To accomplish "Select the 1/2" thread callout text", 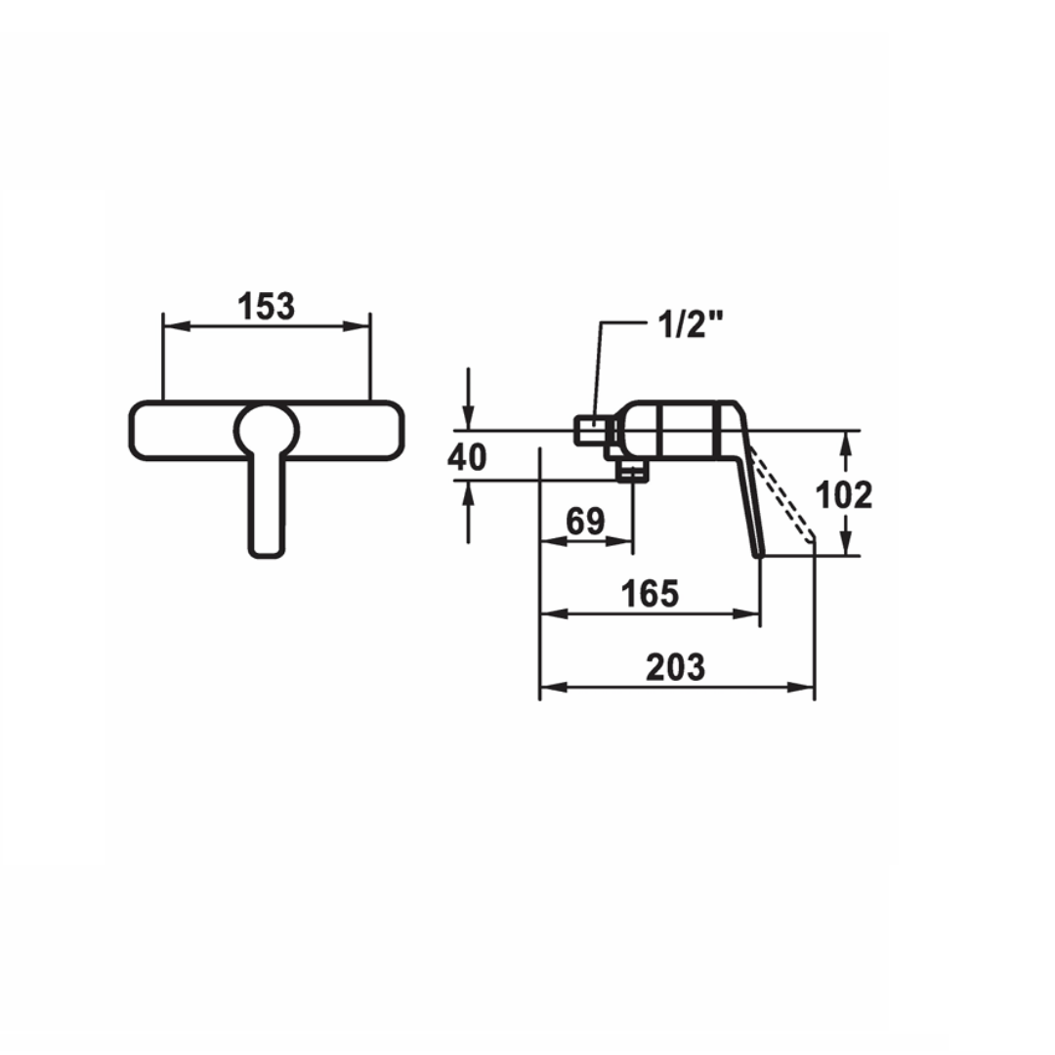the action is pos(690,325).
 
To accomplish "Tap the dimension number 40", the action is pos(467,457).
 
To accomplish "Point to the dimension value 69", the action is pos(585,521).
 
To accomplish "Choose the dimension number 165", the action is pos(650,594).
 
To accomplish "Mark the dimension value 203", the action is pos(676,667).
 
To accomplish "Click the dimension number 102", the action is pos(844,495).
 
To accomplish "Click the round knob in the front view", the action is pos(267,431).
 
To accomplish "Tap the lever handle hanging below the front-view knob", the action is pos(267,506).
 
